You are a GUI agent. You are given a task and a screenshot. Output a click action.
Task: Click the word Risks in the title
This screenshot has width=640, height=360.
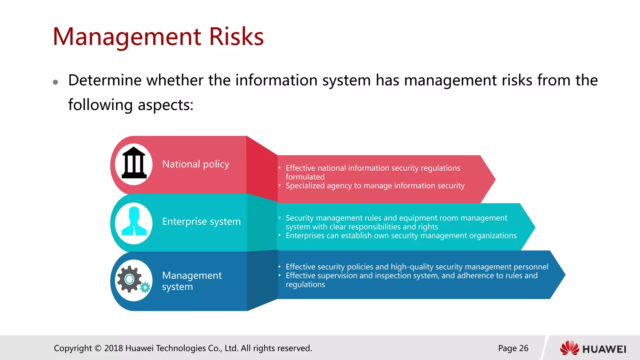[x=236, y=37]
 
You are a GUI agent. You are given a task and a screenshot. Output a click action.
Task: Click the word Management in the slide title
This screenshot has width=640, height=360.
[x=127, y=37]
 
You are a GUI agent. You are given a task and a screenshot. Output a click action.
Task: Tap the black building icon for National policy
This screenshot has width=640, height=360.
[x=134, y=163]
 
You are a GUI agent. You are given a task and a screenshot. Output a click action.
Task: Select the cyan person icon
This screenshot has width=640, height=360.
[x=134, y=221]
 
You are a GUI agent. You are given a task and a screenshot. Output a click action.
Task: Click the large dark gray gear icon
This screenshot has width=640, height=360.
[x=129, y=279]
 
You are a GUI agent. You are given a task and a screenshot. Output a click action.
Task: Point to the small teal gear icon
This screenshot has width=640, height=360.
[x=145, y=287]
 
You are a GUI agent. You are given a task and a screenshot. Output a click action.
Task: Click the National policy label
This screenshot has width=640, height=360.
[x=196, y=164]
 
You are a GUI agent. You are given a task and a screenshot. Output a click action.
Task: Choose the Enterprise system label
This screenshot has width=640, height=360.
[x=201, y=222]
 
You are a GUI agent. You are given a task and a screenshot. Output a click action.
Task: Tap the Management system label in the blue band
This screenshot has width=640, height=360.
[x=191, y=281]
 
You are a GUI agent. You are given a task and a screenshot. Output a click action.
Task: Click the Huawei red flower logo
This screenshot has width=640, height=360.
[x=569, y=348]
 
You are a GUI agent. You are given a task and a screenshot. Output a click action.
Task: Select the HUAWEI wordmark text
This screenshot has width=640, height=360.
[x=604, y=349]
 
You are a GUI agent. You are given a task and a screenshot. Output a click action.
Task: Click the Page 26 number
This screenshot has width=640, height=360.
[x=513, y=348]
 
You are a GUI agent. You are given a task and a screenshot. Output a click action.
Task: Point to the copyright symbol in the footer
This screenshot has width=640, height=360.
[x=98, y=348]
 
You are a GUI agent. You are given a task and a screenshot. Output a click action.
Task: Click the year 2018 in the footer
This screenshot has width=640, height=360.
[x=113, y=348]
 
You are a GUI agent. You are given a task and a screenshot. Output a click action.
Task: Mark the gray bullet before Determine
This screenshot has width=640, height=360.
[x=56, y=82]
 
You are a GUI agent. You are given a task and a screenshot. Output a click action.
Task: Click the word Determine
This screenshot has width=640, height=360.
[x=105, y=80]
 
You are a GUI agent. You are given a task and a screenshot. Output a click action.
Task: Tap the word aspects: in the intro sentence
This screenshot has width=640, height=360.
[x=166, y=105]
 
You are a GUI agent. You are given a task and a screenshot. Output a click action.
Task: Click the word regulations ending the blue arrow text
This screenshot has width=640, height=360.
[x=305, y=284]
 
